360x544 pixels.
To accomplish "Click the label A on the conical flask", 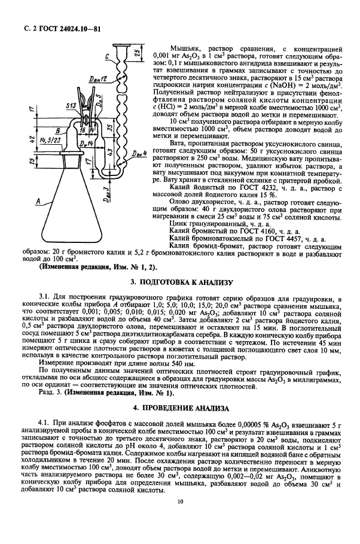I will (37, 203).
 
